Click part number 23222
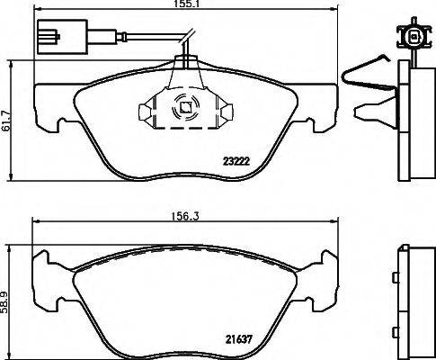(x=236, y=162)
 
